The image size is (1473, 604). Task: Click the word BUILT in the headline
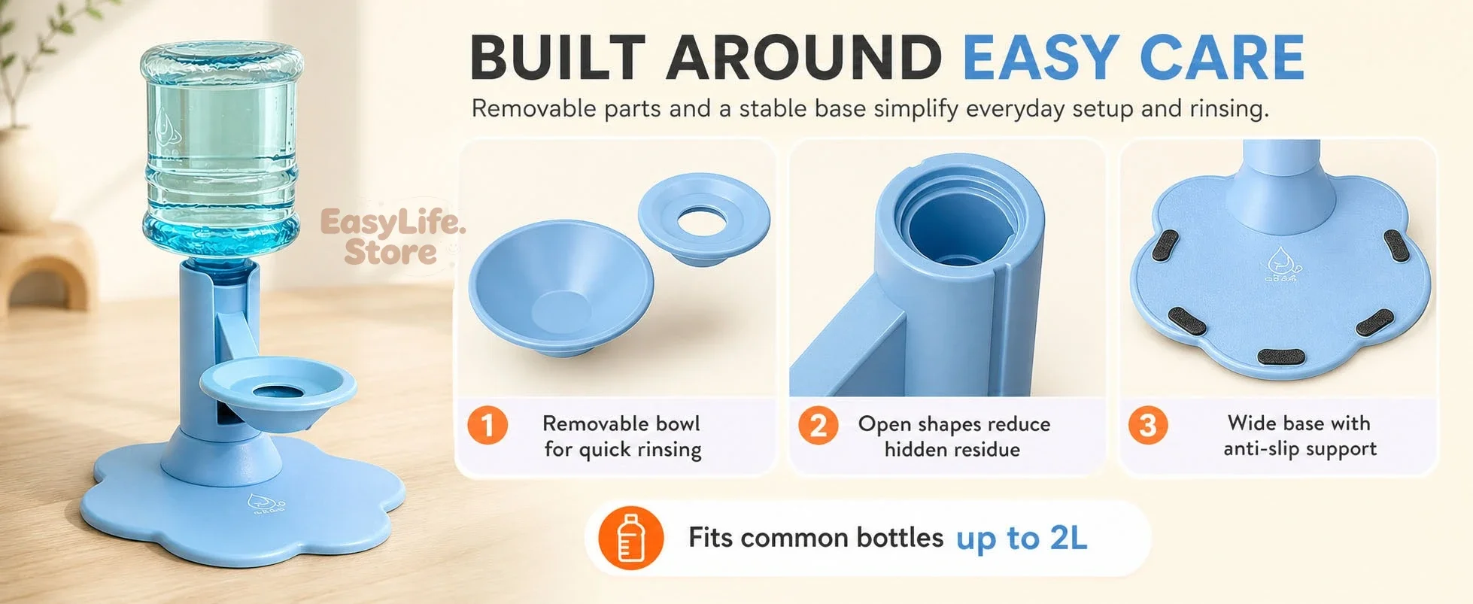point(557,57)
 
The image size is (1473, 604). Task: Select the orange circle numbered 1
point(487,426)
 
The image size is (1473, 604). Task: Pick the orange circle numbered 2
point(818,426)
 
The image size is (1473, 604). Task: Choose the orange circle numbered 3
point(1147,426)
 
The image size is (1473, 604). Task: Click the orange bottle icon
point(630,539)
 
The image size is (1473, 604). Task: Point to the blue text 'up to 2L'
point(1022,539)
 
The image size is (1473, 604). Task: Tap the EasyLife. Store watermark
point(392,237)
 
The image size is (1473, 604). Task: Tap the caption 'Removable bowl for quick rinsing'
point(622,436)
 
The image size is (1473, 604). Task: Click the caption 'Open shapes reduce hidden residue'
point(953,436)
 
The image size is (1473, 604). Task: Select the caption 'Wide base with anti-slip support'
point(1299,436)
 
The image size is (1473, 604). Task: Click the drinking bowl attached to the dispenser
point(278,391)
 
